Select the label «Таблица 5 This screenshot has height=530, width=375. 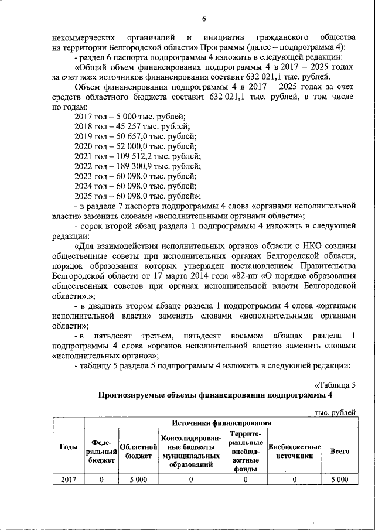click(335, 385)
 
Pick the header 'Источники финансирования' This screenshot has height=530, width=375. click(221, 423)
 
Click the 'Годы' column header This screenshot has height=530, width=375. click(69, 447)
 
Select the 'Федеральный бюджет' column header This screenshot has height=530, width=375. click(101, 451)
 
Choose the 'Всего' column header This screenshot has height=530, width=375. click(340, 451)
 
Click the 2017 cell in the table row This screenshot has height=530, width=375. click(69, 480)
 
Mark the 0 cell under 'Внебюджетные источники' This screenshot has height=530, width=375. click(294, 480)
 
